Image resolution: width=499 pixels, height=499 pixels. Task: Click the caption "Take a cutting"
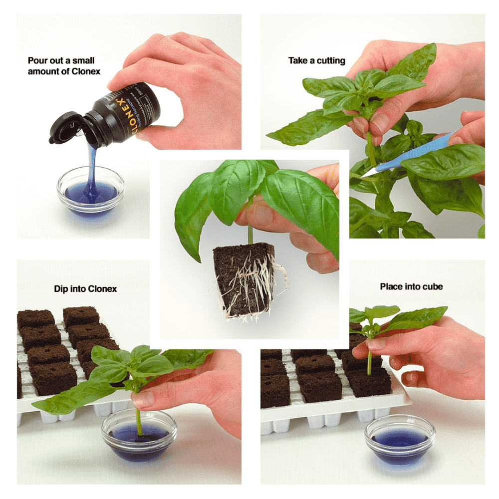point(316,60)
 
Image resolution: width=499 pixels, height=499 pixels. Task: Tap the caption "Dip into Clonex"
point(85,288)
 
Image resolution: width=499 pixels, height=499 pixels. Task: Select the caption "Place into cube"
point(411,286)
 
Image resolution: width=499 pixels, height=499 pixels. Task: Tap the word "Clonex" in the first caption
point(85,71)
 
